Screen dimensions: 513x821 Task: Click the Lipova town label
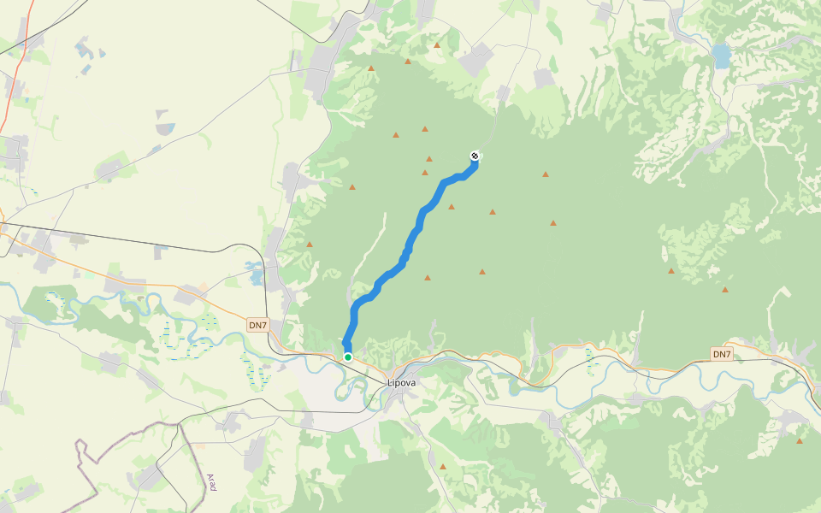pos(401,382)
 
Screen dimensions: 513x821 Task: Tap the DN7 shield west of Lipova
pos(257,325)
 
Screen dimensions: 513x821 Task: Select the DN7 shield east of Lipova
pos(722,354)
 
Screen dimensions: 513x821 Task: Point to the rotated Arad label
pos(211,482)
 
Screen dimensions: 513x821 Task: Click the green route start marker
pos(348,357)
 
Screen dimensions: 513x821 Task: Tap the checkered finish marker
pos(475,156)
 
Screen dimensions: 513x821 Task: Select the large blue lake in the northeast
pos(722,56)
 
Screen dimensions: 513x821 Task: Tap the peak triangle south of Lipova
pos(443,466)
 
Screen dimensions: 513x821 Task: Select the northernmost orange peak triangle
pos(437,44)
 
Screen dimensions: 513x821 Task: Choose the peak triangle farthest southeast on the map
pos(800,441)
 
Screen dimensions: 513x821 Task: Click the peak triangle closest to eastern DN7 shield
pos(725,290)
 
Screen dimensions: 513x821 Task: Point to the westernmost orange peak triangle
pos(310,245)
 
